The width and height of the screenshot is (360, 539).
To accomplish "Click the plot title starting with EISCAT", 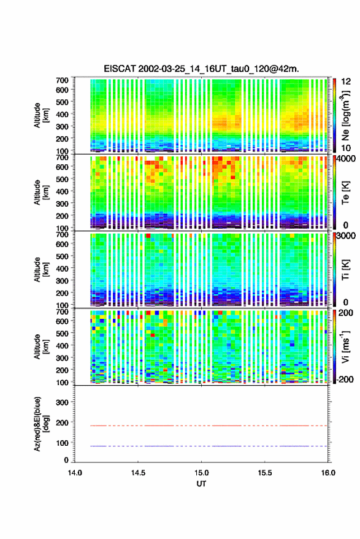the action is (202, 69).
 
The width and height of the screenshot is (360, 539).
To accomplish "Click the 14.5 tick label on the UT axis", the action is (138, 473).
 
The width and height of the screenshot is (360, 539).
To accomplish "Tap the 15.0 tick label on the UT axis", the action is (201, 473).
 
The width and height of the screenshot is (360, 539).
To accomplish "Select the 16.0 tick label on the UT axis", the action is (327, 473).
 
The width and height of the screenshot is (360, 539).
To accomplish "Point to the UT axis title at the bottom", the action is (201, 484).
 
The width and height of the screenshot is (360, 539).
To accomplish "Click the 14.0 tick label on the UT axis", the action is (75, 473).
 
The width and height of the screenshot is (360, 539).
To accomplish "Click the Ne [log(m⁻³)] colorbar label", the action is (345, 115).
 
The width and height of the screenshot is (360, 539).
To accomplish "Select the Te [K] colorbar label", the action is (345, 193).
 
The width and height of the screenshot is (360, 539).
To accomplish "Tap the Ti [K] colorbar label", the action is (345, 270).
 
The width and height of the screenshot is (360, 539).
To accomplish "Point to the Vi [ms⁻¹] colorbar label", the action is (345, 346).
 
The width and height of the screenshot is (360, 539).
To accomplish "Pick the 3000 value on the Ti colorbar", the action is (347, 236).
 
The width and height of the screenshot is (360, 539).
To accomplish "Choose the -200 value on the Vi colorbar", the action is (345, 379).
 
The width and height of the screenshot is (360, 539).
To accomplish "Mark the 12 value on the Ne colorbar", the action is (347, 82).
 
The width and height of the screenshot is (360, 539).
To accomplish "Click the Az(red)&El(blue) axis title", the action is (40, 424).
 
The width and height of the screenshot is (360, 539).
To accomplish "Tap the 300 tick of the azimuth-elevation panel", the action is (62, 402).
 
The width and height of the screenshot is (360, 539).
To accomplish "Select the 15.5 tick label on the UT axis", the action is (264, 473).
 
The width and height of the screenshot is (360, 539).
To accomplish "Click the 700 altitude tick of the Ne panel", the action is (62, 80).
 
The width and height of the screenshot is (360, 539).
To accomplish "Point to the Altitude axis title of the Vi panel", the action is (40, 346).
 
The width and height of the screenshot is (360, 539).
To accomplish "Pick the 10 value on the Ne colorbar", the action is (347, 148).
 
